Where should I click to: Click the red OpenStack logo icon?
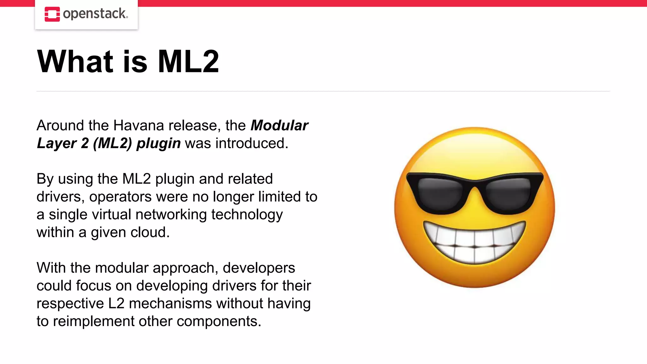click(52, 14)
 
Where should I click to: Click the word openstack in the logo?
click(95, 14)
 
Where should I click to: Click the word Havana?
click(139, 125)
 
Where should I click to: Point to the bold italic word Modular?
click(279, 125)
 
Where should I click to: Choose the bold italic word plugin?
click(158, 143)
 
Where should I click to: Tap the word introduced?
click(252, 143)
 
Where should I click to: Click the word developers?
click(259, 268)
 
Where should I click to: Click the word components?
click(219, 321)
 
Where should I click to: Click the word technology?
click(247, 215)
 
